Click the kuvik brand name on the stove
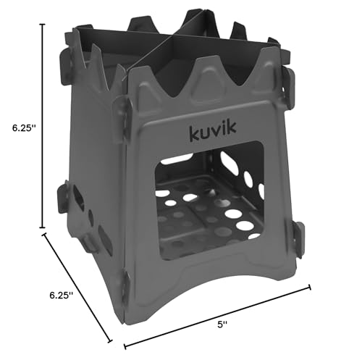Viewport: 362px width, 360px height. (213, 131)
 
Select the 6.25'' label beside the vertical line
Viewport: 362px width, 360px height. (24, 128)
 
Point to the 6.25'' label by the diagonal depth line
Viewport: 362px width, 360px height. (62, 296)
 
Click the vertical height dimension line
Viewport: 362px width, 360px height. (43, 126)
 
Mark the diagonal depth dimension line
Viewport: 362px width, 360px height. (77, 288)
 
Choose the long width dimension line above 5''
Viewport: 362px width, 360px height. (217, 317)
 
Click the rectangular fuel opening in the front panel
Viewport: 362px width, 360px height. (209, 201)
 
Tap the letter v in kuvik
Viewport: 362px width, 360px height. (216, 133)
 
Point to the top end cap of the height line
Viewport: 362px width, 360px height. (43, 25)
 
